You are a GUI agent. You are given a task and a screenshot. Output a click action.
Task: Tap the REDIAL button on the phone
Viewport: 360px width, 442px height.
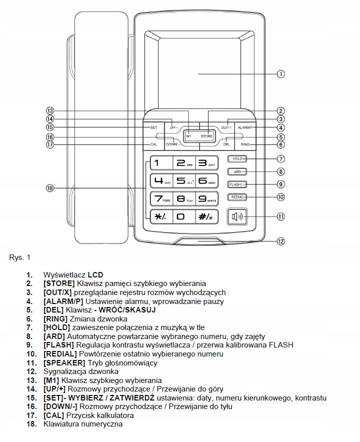[x=237, y=197]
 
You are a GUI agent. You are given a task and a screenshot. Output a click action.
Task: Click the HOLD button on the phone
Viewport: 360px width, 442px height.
[x=237, y=159]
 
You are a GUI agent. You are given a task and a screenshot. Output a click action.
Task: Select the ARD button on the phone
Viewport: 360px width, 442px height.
[x=237, y=171]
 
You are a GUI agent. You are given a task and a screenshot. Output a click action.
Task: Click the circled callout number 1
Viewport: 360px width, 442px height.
[x=281, y=74]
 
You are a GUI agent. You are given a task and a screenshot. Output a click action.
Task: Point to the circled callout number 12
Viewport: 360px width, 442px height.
[x=281, y=241]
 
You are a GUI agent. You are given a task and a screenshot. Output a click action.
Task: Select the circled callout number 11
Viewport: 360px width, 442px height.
[x=281, y=216]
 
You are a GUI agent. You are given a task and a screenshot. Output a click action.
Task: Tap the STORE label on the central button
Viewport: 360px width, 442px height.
[x=206, y=136]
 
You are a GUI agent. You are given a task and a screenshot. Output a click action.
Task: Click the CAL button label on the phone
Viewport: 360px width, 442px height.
[x=154, y=145]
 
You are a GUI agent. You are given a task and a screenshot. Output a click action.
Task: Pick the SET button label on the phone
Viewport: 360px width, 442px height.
[x=154, y=127]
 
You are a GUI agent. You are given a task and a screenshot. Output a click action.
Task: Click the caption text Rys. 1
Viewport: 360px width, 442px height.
[x=20, y=258]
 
